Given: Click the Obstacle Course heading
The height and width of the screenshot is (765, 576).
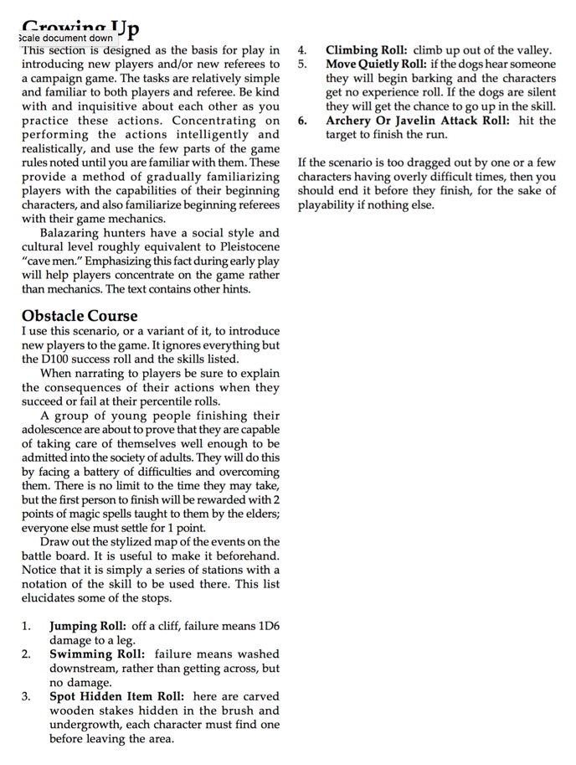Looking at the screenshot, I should pos(80,316).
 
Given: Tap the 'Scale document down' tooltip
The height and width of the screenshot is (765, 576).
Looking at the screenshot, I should pos(64,38).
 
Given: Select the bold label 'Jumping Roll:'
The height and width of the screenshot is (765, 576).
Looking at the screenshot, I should pos(87,626).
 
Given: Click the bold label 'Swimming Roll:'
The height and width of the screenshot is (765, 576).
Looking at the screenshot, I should pos(97,654).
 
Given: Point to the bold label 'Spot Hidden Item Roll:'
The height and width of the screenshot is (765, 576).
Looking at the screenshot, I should pos(118,696).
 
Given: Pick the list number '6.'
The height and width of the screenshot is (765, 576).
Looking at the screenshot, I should pos(303,121).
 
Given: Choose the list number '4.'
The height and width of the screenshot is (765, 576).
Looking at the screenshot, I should pos(303,50).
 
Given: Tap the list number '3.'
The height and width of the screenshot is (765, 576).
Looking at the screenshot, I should pos(28,696).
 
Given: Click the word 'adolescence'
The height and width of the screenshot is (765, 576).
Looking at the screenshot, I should pos(56,429).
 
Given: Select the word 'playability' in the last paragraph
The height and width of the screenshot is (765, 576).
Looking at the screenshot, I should pos(328,205).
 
